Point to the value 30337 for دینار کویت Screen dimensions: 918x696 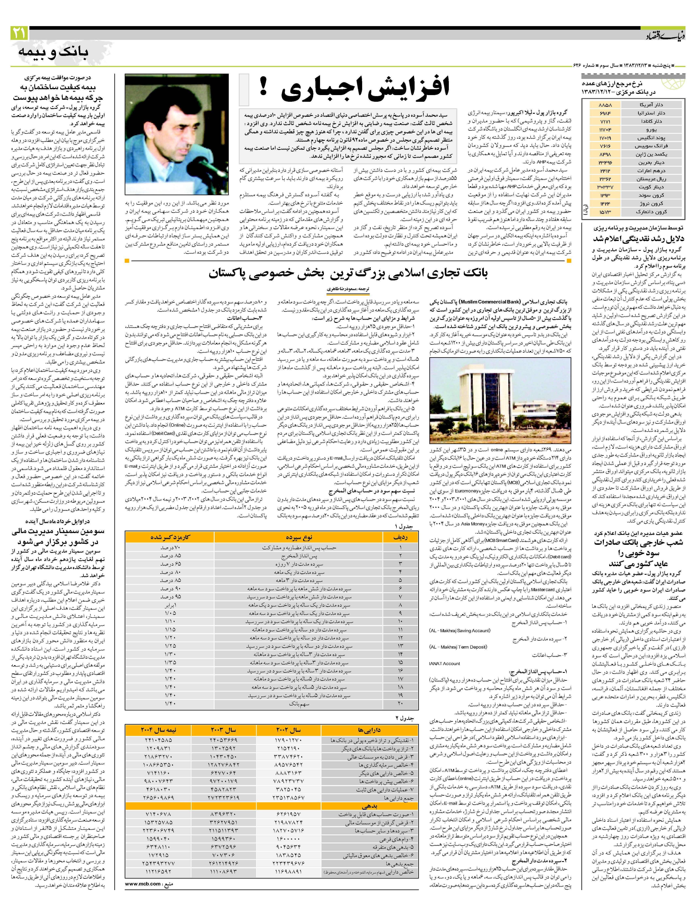point(605,187)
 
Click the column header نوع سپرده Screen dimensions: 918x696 point(299,537)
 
